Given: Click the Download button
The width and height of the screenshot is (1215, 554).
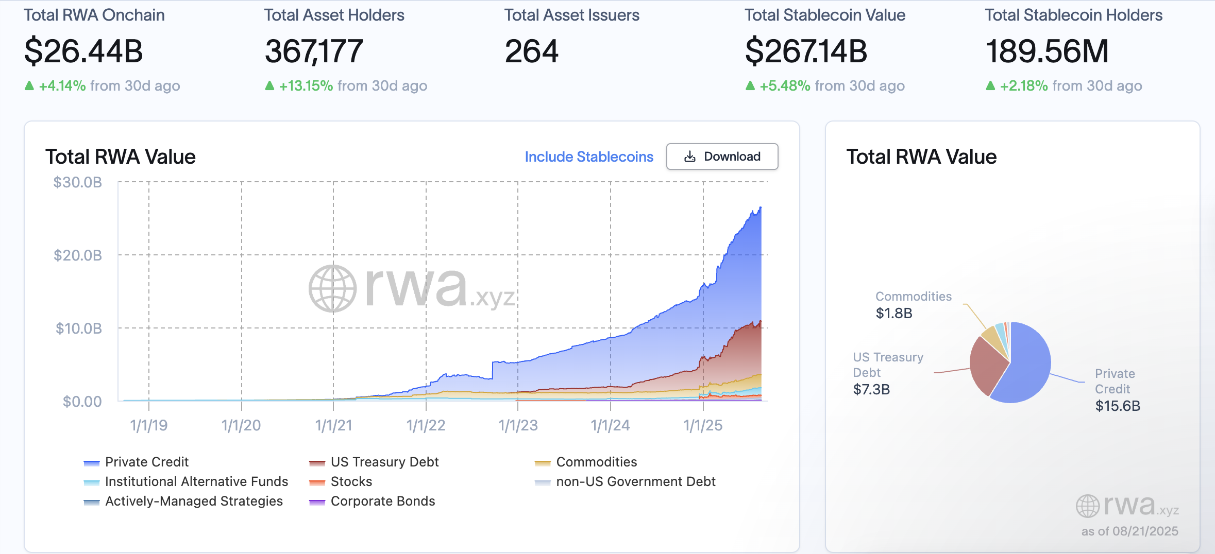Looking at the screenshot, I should click(722, 157).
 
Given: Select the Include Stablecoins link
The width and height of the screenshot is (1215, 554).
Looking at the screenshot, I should click(588, 157).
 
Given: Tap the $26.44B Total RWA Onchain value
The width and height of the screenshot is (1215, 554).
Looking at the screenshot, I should click(83, 51).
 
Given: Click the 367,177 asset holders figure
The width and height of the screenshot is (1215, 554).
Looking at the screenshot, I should click(314, 51).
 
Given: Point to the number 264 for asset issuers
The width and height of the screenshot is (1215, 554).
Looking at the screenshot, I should click(531, 51).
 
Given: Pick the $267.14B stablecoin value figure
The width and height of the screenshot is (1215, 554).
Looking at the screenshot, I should click(806, 51).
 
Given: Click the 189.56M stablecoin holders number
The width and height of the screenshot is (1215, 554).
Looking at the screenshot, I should click(1047, 51).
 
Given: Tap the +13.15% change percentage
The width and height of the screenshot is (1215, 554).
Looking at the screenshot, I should click(306, 85).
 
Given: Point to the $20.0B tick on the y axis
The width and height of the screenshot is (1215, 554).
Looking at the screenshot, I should click(78, 255).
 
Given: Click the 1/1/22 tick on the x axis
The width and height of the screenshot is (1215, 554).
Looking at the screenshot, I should click(426, 425).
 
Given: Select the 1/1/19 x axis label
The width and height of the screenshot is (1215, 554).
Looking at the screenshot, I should click(148, 425).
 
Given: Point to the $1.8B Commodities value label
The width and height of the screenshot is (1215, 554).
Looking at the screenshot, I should click(894, 313).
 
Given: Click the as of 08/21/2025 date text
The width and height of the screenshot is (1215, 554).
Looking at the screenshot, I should click(1129, 531).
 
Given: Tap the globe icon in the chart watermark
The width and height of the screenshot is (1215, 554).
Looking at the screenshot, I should click(332, 289).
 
